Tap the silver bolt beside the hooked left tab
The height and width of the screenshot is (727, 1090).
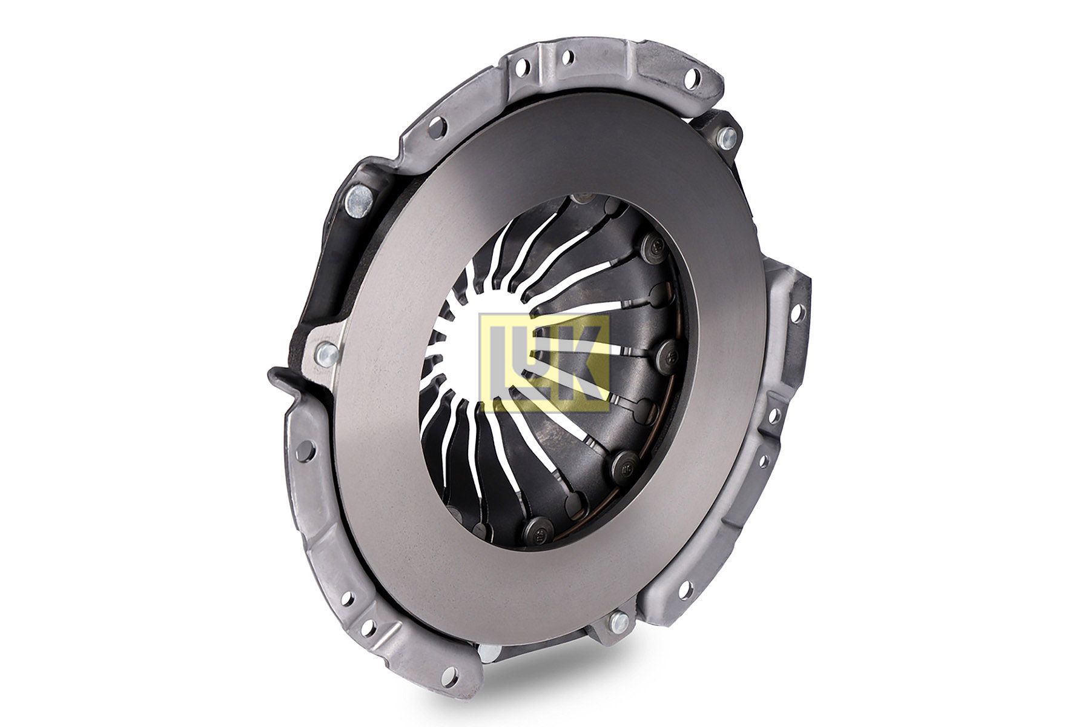325,350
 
